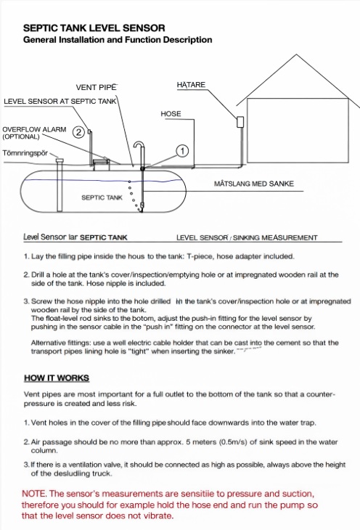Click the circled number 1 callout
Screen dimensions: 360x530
point(182,151)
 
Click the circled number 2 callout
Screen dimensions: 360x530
point(78,132)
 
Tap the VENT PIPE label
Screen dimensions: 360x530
point(96,87)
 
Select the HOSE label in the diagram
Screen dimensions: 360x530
point(171,114)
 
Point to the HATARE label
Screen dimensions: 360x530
point(191,84)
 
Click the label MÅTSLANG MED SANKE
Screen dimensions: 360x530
point(253,184)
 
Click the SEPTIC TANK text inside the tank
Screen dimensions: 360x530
point(102,197)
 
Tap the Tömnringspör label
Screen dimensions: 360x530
point(25,153)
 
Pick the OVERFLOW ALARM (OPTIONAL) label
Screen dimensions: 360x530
point(34,133)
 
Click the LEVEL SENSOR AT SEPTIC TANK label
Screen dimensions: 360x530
point(60,101)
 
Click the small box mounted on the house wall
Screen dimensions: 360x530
point(240,122)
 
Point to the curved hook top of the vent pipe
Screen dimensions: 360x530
point(139,144)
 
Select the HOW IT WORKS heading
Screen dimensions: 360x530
point(57,378)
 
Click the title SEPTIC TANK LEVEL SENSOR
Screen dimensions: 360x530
point(94,28)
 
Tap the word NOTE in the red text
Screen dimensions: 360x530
point(33,494)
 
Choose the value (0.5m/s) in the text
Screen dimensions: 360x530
point(233,441)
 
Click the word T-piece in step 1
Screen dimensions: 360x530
point(200,256)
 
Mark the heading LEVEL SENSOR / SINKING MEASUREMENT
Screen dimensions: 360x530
point(247,237)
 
